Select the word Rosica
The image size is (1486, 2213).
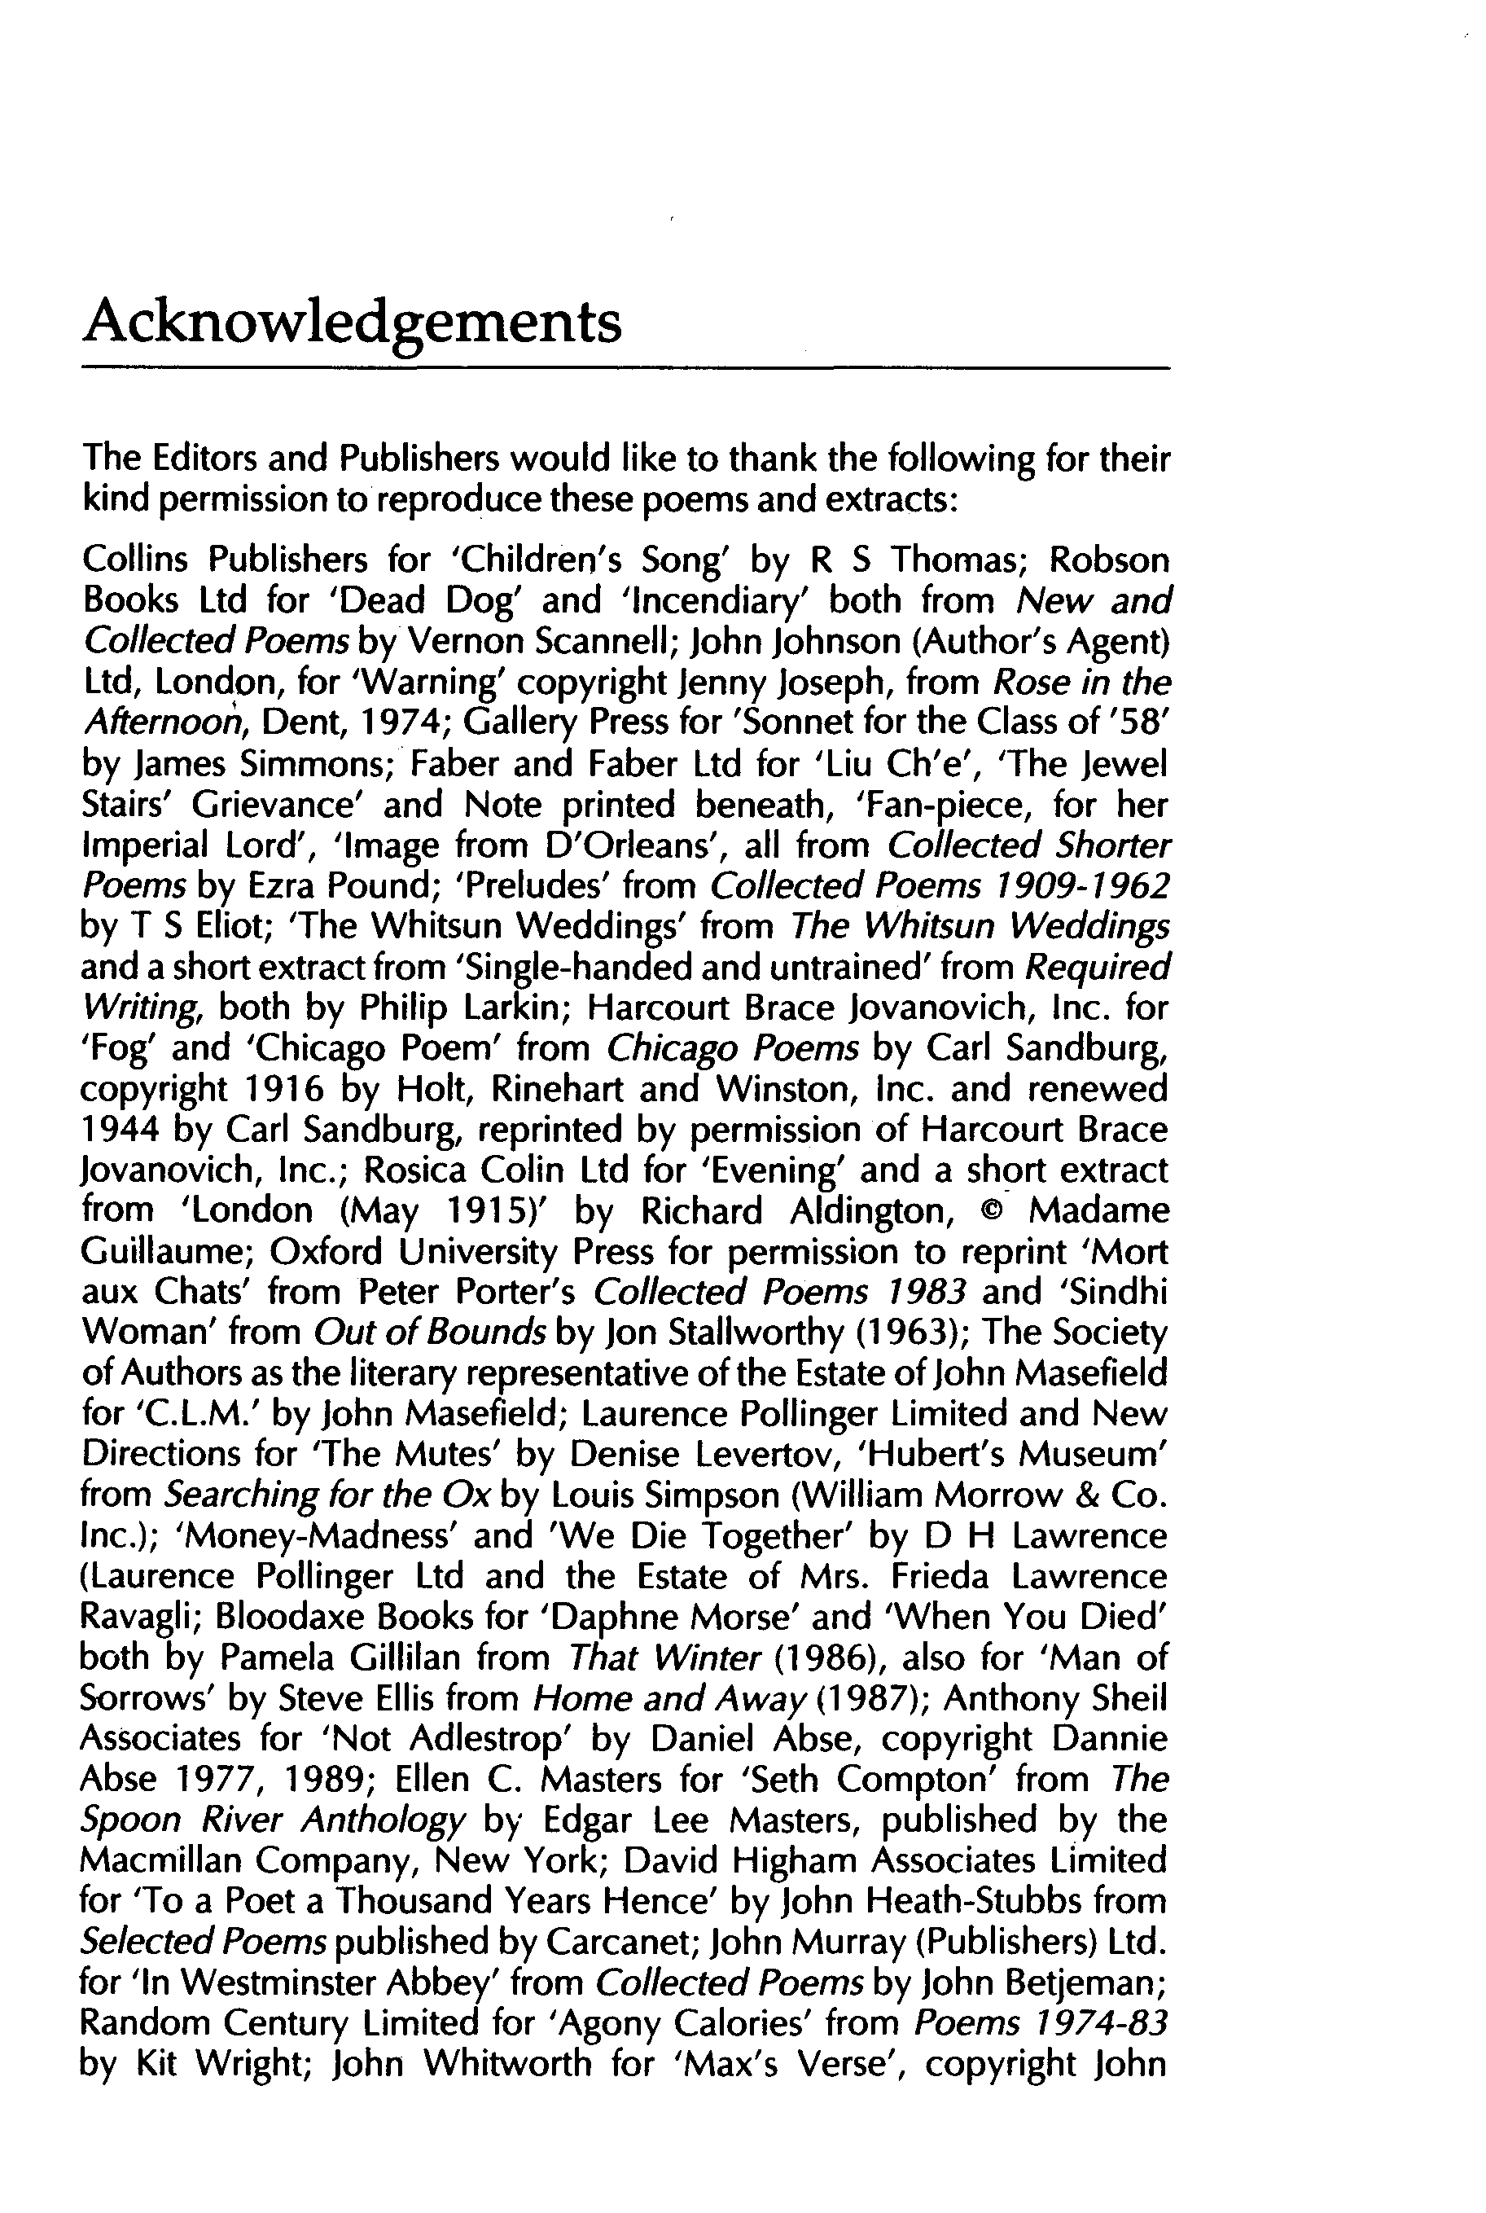(411, 1170)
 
